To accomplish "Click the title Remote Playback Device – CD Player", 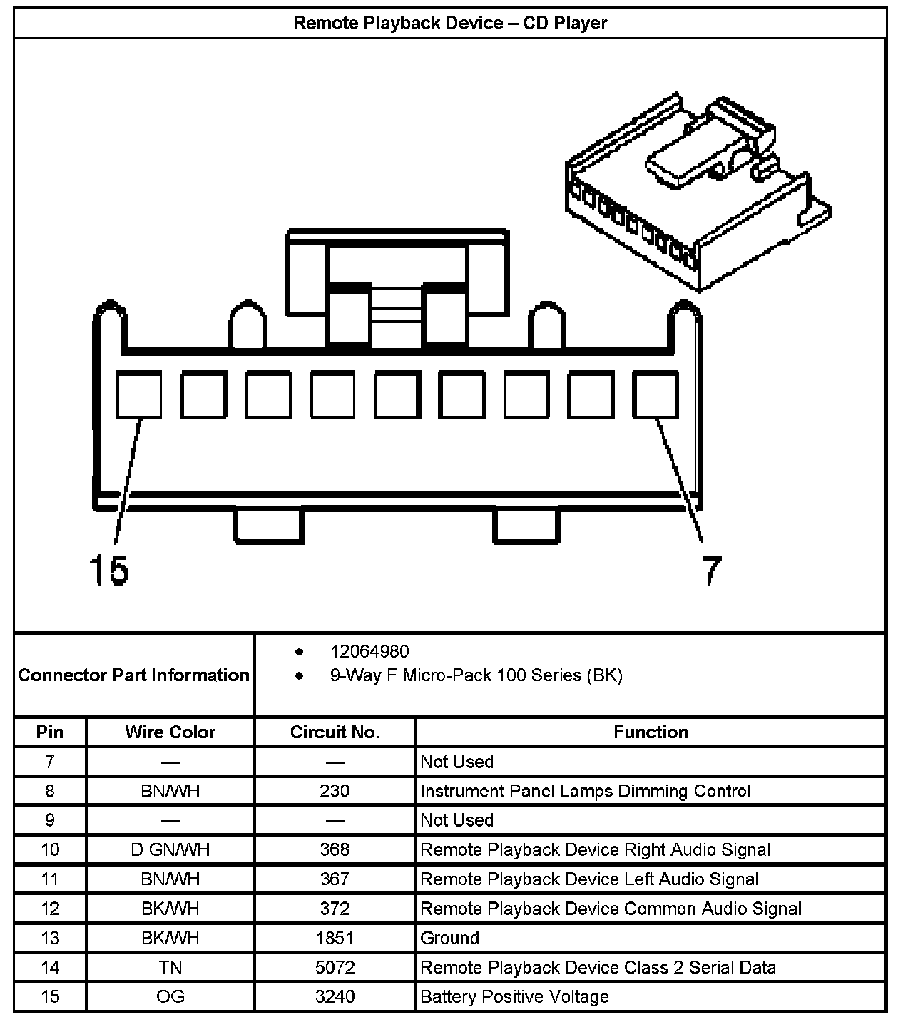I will pyautogui.click(x=450, y=23).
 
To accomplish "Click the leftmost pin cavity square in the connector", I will pyautogui.click(x=138, y=394).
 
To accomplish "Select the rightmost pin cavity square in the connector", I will pyautogui.click(x=656, y=394).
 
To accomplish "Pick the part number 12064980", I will pyautogui.click(x=369, y=651).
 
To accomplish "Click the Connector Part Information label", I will pyautogui.click(x=134, y=675).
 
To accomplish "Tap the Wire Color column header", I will pyautogui.click(x=170, y=732).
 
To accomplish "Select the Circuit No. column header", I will pyautogui.click(x=335, y=732).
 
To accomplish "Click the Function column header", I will pyautogui.click(x=651, y=732).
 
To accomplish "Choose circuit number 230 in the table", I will pyautogui.click(x=335, y=790).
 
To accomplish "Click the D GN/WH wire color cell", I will pyautogui.click(x=170, y=849).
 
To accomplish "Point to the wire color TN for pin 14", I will pyautogui.click(x=170, y=967).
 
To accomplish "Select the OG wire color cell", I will pyautogui.click(x=170, y=996).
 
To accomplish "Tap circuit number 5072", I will pyautogui.click(x=335, y=967).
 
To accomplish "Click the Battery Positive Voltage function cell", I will pyautogui.click(x=514, y=996).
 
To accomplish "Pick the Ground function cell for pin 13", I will pyautogui.click(x=449, y=938).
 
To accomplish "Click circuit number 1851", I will pyautogui.click(x=335, y=938).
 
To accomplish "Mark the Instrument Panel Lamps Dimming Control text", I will pyautogui.click(x=585, y=790).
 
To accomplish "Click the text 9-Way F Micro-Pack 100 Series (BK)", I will pyautogui.click(x=476, y=675).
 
